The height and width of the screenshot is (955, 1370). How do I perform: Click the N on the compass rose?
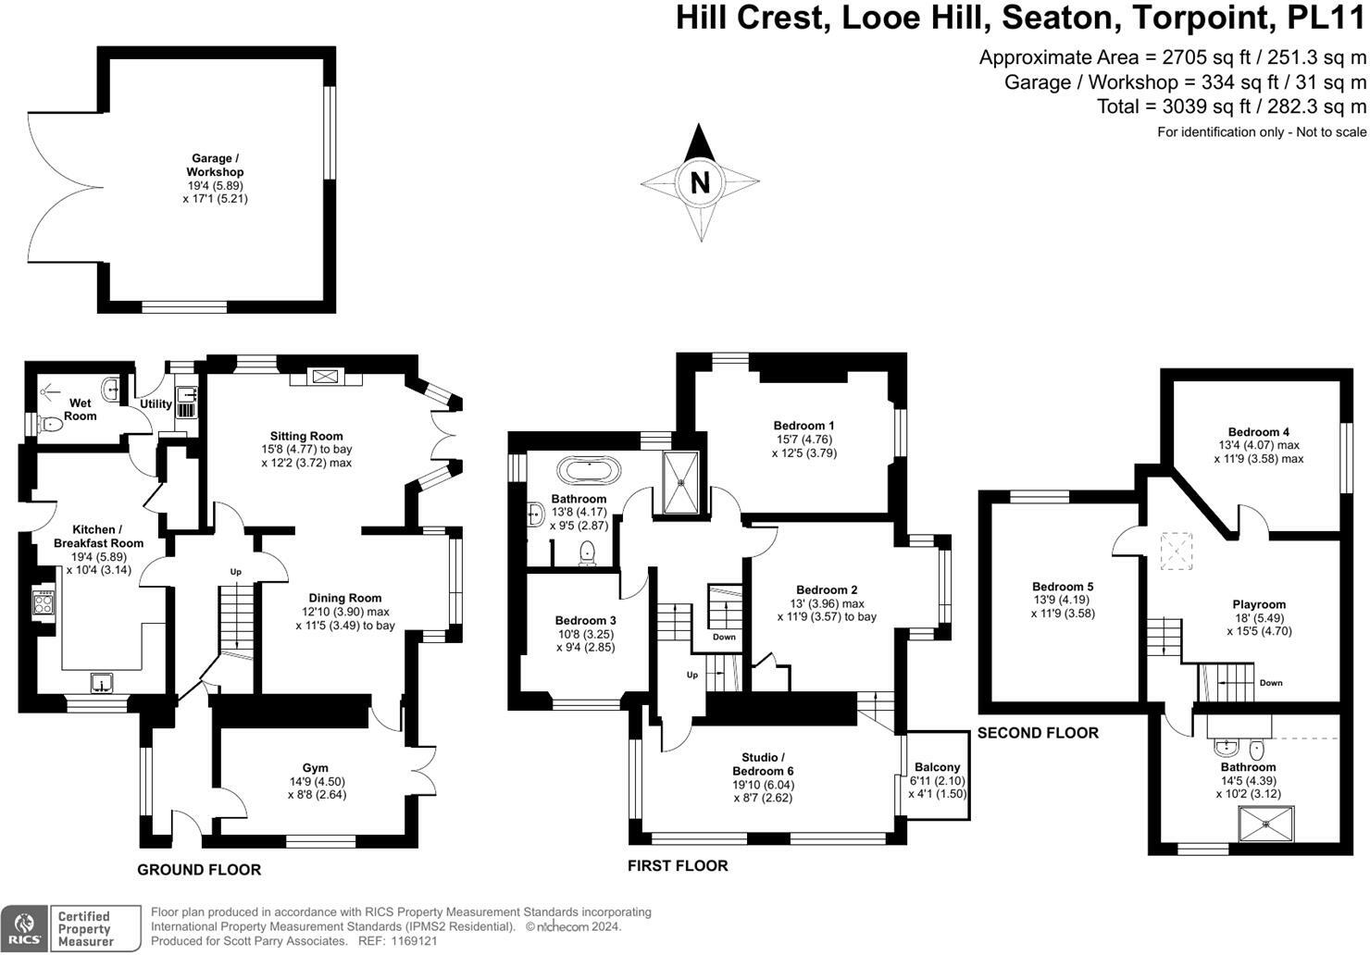pyautogui.click(x=700, y=182)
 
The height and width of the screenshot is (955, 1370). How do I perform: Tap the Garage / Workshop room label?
pyautogui.click(x=215, y=165)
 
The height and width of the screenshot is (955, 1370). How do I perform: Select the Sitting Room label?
pyautogui.click(x=306, y=436)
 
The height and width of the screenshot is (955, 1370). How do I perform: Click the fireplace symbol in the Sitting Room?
pyautogui.click(x=326, y=377)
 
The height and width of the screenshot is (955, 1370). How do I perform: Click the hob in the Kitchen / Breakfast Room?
pyautogui.click(x=44, y=603)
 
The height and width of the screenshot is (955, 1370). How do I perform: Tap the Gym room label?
pyautogui.click(x=316, y=768)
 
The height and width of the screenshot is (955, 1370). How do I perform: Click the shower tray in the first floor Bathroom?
pyautogui.click(x=683, y=481)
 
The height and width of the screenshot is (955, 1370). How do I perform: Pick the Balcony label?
pyautogui.click(x=937, y=767)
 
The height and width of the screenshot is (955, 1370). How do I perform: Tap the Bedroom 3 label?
pyautogui.click(x=585, y=620)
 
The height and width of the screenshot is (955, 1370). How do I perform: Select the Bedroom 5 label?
pyautogui.click(x=1063, y=587)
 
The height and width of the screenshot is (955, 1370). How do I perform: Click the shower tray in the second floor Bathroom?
pyautogui.click(x=1265, y=822)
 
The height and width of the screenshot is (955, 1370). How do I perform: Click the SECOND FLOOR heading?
pyautogui.click(x=1038, y=733)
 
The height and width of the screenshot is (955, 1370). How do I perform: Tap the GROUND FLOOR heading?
pyautogui.click(x=199, y=870)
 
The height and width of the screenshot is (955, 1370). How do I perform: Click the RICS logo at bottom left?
pyautogui.click(x=25, y=928)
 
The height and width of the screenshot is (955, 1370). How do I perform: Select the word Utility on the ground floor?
pyautogui.click(x=156, y=403)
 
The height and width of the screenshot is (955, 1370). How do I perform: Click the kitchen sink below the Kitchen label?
pyautogui.click(x=101, y=684)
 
